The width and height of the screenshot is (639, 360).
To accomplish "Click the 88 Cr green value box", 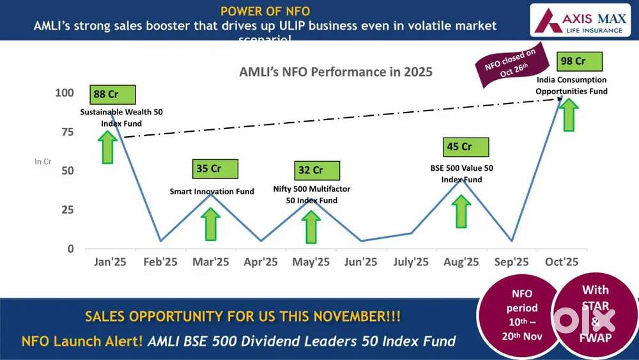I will [113, 95].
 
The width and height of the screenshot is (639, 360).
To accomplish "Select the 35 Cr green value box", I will [215, 169].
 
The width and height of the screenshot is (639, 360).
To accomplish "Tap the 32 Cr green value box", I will [317, 170].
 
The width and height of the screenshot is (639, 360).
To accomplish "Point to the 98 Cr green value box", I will [580, 61].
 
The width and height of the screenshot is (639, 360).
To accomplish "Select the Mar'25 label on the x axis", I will [211, 262].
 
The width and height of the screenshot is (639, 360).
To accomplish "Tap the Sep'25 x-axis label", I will [512, 262].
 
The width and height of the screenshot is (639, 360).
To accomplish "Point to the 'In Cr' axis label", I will [43, 162].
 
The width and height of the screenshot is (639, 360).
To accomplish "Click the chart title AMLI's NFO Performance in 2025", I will [335, 72].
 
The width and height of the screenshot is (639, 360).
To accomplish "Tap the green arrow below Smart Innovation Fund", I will [210, 223].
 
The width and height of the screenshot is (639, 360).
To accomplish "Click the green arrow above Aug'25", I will [462, 211].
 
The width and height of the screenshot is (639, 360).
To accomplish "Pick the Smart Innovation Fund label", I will [212, 191].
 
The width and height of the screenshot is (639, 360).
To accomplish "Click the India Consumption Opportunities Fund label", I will [571, 86].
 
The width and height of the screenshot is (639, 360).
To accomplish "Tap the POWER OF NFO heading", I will [265, 11].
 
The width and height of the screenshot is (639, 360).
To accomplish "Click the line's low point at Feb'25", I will [160, 240].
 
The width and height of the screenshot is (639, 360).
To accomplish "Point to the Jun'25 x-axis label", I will [361, 262].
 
